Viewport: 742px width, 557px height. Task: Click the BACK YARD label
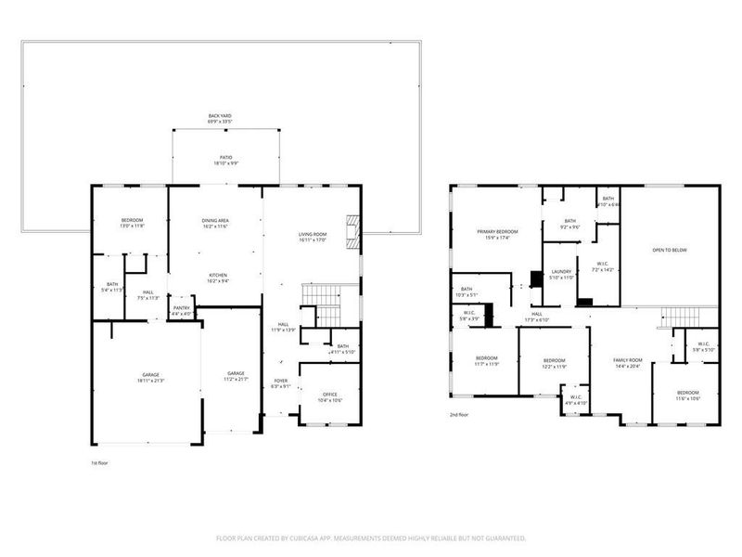[220, 116]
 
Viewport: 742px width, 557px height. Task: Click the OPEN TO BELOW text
[670, 249]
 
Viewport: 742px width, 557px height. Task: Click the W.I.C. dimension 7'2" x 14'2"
[603, 269]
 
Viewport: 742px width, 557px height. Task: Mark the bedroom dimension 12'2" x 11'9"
[554, 366]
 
